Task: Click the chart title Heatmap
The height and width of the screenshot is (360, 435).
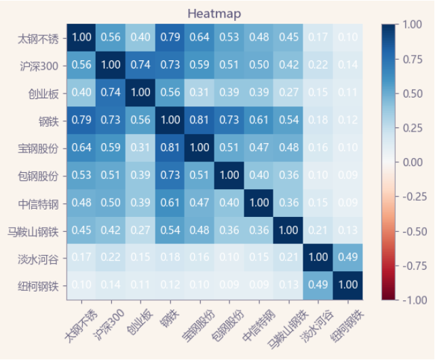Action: (214, 14)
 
